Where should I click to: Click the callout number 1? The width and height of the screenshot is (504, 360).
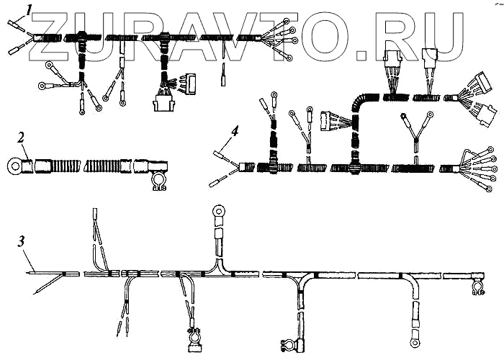29,9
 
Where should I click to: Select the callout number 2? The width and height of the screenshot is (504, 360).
22,136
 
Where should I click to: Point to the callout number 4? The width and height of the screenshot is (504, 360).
215,131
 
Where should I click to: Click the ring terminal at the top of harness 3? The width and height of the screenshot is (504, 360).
217,212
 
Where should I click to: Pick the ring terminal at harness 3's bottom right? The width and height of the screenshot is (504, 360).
415,336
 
